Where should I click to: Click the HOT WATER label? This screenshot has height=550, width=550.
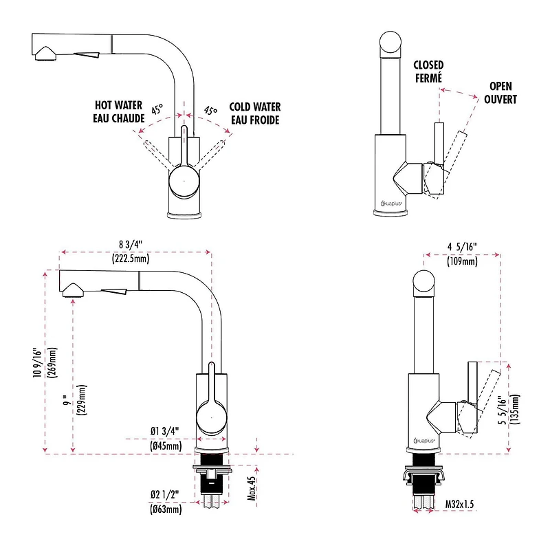click(118, 105)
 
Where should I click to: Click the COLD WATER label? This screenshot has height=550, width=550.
click(255, 107)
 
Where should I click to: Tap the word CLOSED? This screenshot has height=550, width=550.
click(428, 65)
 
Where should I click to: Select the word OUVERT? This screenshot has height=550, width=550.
click(500, 99)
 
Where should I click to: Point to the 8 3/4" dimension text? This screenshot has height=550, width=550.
click(131, 245)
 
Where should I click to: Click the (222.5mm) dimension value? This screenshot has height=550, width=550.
click(131, 259)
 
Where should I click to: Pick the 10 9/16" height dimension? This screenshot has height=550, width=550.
click(38, 363)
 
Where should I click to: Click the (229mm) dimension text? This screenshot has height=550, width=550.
click(82, 400)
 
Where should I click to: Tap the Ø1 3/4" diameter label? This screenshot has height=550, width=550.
click(165, 431)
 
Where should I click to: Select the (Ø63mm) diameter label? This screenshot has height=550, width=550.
click(166, 509)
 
